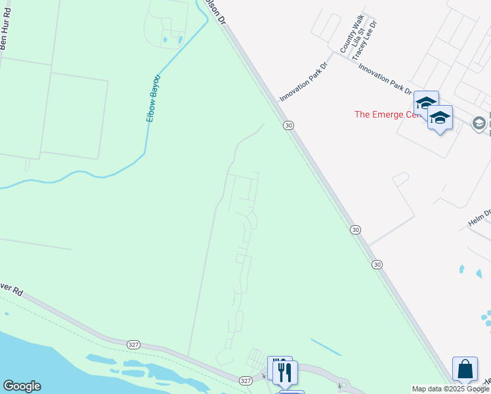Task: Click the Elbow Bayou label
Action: pyautogui.click(x=154, y=98)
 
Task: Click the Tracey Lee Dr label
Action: pyautogui.click(x=364, y=40)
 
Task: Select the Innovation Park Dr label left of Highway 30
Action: pyautogui.click(x=303, y=81)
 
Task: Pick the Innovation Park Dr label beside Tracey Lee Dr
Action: pyautogui.click(x=385, y=80)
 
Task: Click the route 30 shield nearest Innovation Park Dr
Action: pyautogui.click(x=288, y=125)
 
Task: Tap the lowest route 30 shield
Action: pyautogui.click(x=376, y=264)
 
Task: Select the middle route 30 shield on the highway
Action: pyautogui.click(x=355, y=229)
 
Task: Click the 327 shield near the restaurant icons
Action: pyautogui.click(x=245, y=380)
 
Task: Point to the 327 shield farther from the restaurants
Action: pyautogui.click(x=134, y=343)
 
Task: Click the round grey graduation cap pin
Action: pyautogui.click(x=479, y=123)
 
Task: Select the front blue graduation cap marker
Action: pyautogui.click(x=440, y=118)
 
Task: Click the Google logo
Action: pyautogui.click(x=22, y=386)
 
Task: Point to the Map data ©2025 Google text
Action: pyautogui.click(x=450, y=389)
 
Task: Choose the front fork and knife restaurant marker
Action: pyautogui.click(x=285, y=372)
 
